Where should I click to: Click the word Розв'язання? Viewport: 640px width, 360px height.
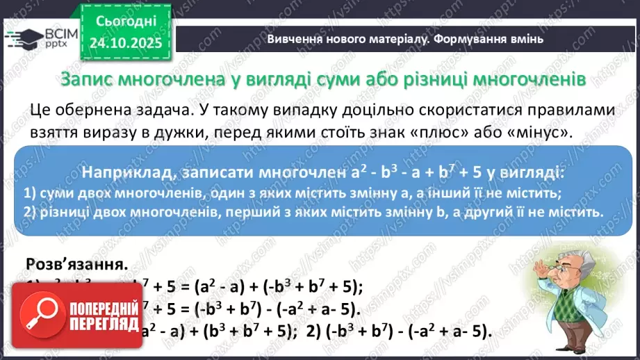76,265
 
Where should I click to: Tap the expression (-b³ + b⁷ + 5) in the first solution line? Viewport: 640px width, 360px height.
302,288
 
